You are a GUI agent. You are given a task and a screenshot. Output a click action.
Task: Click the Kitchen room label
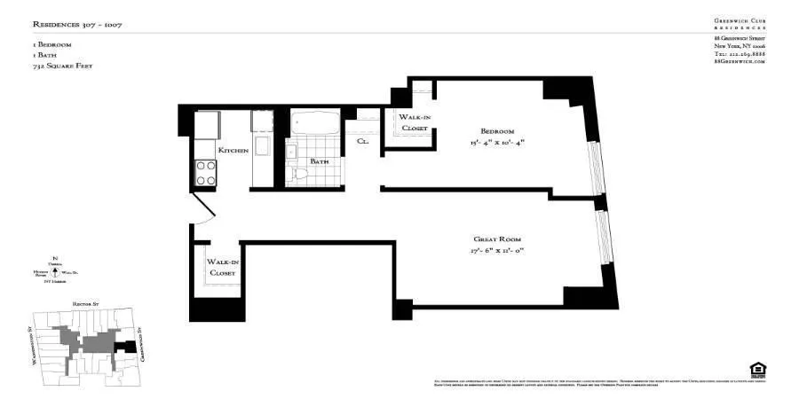[x=233, y=152]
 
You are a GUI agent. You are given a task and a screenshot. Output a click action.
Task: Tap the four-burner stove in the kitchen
[x=206, y=172]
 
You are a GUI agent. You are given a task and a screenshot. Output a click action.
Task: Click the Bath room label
[x=319, y=161]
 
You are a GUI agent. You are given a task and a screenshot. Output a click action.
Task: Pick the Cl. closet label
[x=363, y=141]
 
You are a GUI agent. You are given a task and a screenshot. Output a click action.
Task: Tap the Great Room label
[x=497, y=239]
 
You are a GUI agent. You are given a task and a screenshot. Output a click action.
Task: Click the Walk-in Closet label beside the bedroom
[x=414, y=122]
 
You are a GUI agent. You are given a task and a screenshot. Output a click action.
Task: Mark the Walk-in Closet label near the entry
[x=222, y=268]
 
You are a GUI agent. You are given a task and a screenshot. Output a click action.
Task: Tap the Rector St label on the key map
[x=82, y=303]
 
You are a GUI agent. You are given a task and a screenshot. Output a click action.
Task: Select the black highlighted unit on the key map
[x=130, y=346]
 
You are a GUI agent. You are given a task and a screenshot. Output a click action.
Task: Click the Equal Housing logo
[x=757, y=369]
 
